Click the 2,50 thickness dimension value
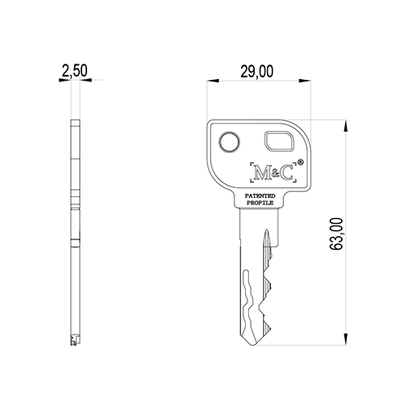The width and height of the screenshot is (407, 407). (75, 71)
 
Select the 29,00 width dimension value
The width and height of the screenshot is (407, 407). (257, 72)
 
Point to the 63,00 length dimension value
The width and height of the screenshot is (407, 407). (336, 234)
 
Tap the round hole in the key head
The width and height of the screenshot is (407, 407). (230, 142)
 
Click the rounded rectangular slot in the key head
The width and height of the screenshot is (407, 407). (279, 141)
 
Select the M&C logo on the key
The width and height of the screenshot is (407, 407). (273, 173)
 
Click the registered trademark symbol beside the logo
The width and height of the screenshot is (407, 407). (300, 162)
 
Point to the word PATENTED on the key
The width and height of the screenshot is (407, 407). (260, 195)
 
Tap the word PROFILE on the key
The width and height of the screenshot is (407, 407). (260, 203)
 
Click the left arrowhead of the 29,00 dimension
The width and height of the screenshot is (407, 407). (212, 81)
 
